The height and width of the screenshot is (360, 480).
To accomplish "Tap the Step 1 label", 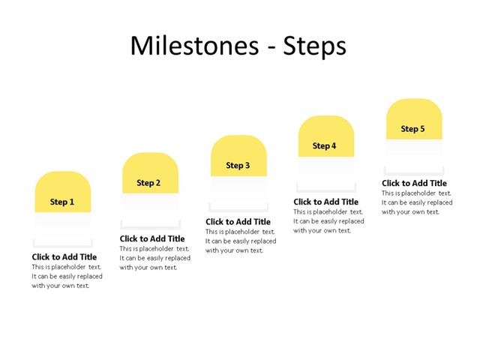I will pos(62,202).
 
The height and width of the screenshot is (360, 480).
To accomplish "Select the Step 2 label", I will pos(149,183).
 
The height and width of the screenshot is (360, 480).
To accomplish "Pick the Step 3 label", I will pos(238,166).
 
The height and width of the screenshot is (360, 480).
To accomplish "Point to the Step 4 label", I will pos(325,146).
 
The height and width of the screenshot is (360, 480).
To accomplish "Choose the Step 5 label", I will pos(412,129).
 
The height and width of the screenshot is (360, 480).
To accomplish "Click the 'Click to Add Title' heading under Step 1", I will pos(64,257).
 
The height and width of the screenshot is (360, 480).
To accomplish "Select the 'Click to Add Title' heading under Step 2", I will pos(152,239).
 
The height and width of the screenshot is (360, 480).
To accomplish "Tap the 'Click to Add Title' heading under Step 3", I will pos(238,222).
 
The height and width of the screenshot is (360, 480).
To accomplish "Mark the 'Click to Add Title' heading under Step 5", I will pos(414,184).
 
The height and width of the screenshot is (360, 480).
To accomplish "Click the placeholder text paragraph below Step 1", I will pos(67,276).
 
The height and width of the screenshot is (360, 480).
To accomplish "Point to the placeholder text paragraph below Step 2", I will pos(154,258).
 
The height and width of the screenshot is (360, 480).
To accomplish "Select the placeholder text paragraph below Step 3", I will pos(241,241).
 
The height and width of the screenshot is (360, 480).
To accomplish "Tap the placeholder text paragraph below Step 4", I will pos(328,221).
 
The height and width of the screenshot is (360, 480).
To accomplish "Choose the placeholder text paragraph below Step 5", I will pos(417,202).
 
